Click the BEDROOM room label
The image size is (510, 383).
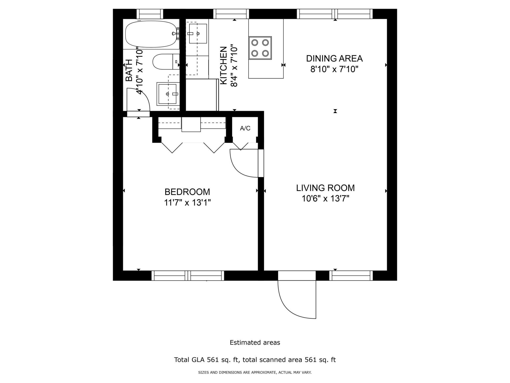[187, 192]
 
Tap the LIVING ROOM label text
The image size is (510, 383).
[325, 188]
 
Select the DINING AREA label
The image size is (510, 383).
[334, 59]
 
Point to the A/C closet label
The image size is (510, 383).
[245, 128]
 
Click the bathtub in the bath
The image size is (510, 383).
[151, 34]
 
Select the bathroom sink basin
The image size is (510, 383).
[167, 94]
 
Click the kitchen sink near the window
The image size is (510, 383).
[198, 34]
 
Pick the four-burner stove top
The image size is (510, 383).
[260, 48]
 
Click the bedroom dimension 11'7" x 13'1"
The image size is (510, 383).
[187, 203]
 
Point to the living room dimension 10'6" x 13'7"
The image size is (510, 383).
[325, 199]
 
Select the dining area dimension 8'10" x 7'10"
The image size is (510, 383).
[334, 69]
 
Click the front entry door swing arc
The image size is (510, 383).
[292, 306]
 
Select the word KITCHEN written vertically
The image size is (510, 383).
[224, 66]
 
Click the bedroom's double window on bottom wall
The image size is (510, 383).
[188, 276]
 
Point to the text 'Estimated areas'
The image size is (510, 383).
[255, 343]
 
